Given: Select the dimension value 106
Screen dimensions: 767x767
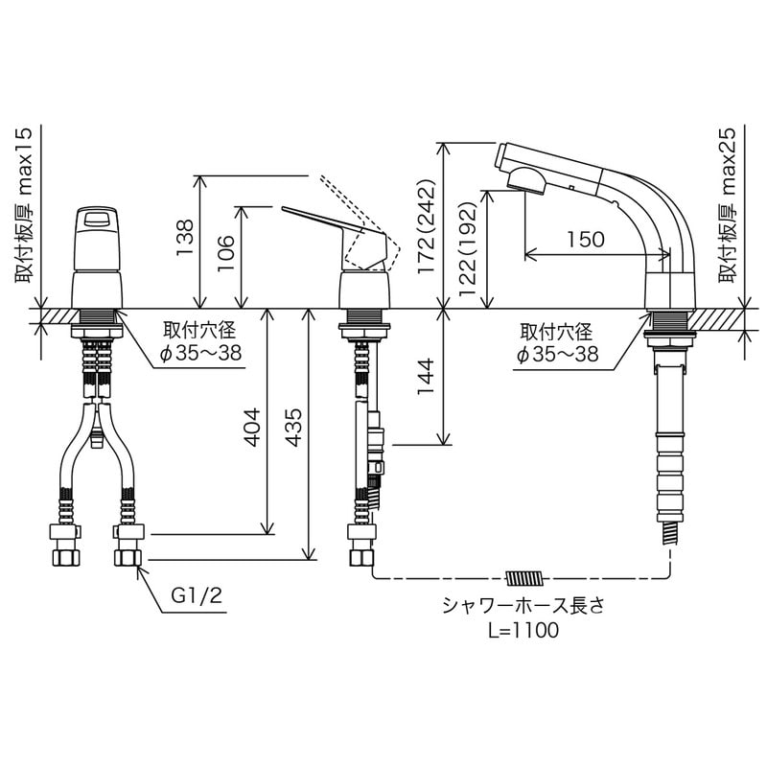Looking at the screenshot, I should (x=226, y=255).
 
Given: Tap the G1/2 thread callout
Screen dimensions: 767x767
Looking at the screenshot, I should (x=197, y=595).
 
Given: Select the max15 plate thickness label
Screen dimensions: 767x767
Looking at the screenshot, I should (x=23, y=206).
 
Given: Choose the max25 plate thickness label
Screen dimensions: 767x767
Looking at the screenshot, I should (x=732, y=206).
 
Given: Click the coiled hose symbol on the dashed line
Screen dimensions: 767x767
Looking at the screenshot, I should (x=524, y=578).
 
